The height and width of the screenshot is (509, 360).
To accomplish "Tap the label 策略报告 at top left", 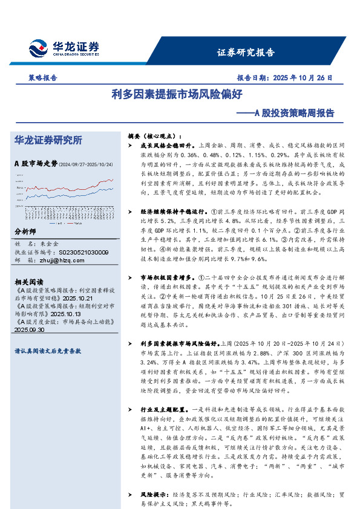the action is (x=44, y=78).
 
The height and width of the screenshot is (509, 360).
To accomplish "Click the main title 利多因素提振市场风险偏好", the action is (x=177, y=94).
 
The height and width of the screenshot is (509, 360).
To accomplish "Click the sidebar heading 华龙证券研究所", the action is (x=48, y=140).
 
